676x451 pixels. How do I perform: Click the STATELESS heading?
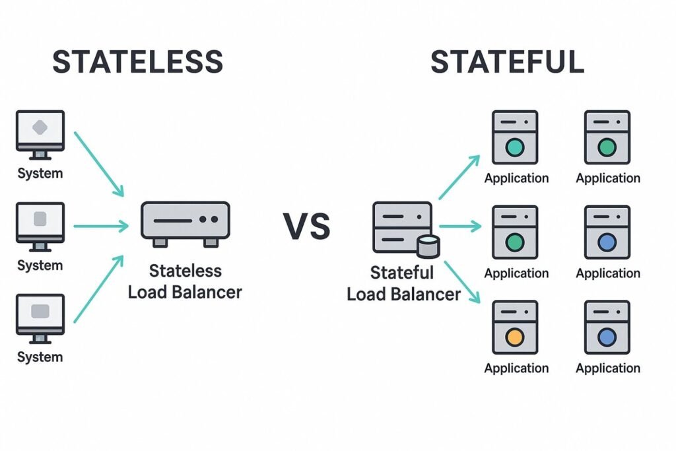click(x=137, y=62)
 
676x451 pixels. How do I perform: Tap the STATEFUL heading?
click(x=507, y=62)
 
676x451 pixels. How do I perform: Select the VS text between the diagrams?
click(x=307, y=226)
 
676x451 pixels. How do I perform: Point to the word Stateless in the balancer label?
click(x=185, y=271)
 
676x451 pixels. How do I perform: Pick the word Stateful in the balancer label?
click(x=402, y=272)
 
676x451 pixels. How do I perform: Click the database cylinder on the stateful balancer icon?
click(x=428, y=246)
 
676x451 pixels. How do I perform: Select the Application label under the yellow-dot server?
click(x=516, y=368)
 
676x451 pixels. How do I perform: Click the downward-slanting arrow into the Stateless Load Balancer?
click(x=99, y=164)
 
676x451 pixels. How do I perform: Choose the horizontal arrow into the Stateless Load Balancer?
click(x=101, y=226)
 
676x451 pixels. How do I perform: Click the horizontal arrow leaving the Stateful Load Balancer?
click(x=460, y=226)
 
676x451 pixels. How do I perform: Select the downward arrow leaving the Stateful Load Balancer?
click(x=461, y=281)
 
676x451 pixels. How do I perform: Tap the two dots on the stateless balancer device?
click(x=208, y=219)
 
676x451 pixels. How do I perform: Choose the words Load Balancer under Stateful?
click(x=403, y=294)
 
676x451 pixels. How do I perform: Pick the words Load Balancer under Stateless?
click(x=185, y=292)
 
